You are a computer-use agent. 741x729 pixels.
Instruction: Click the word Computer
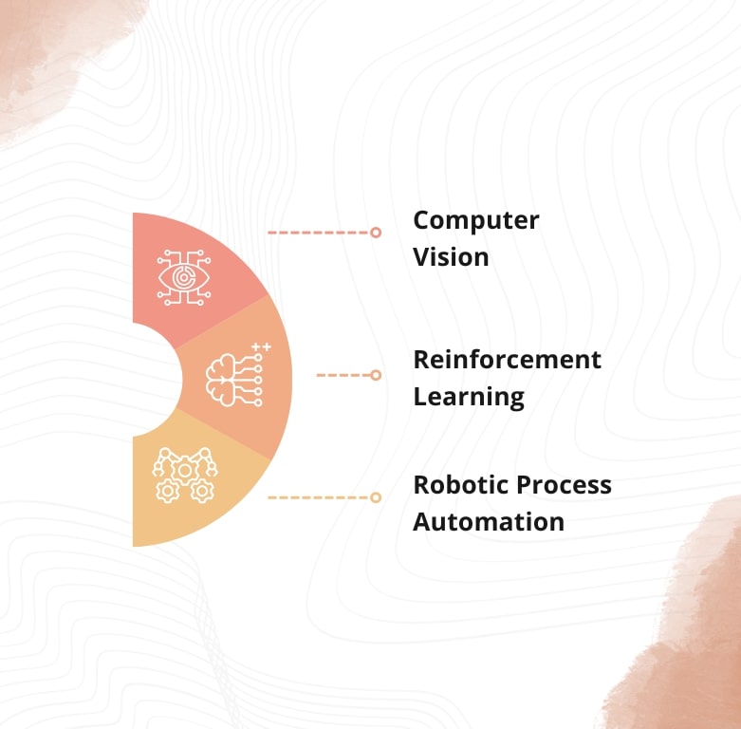click(x=476, y=221)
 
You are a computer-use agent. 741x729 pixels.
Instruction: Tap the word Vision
click(x=451, y=256)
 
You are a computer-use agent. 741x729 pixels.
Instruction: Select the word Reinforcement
click(x=507, y=360)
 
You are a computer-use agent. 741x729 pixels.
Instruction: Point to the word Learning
click(x=469, y=397)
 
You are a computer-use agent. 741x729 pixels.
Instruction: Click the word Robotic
click(x=461, y=485)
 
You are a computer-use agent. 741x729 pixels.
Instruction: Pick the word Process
click(x=564, y=485)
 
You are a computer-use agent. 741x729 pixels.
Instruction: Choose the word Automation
click(x=489, y=521)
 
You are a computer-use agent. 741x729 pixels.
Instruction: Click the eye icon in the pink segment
click(x=184, y=277)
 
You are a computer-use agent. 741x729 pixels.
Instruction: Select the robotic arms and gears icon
click(x=185, y=475)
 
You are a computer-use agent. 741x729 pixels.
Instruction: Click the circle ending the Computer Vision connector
click(x=376, y=233)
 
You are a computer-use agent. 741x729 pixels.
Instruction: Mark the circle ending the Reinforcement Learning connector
click(x=376, y=375)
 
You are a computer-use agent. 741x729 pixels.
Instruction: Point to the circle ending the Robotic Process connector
click(x=376, y=497)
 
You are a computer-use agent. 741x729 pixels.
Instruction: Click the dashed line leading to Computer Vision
click(x=319, y=233)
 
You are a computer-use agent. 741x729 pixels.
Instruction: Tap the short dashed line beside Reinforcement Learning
click(x=343, y=375)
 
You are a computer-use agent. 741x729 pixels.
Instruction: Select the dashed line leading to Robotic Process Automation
click(x=319, y=497)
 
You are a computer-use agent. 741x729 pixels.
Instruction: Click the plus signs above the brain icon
click(x=261, y=347)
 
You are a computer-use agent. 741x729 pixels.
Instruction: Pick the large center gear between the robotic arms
click(x=185, y=470)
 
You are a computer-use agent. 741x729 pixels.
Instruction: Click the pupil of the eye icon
click(x=184, y=277)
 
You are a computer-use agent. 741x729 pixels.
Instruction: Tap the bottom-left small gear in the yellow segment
click(x=167, y=491)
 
